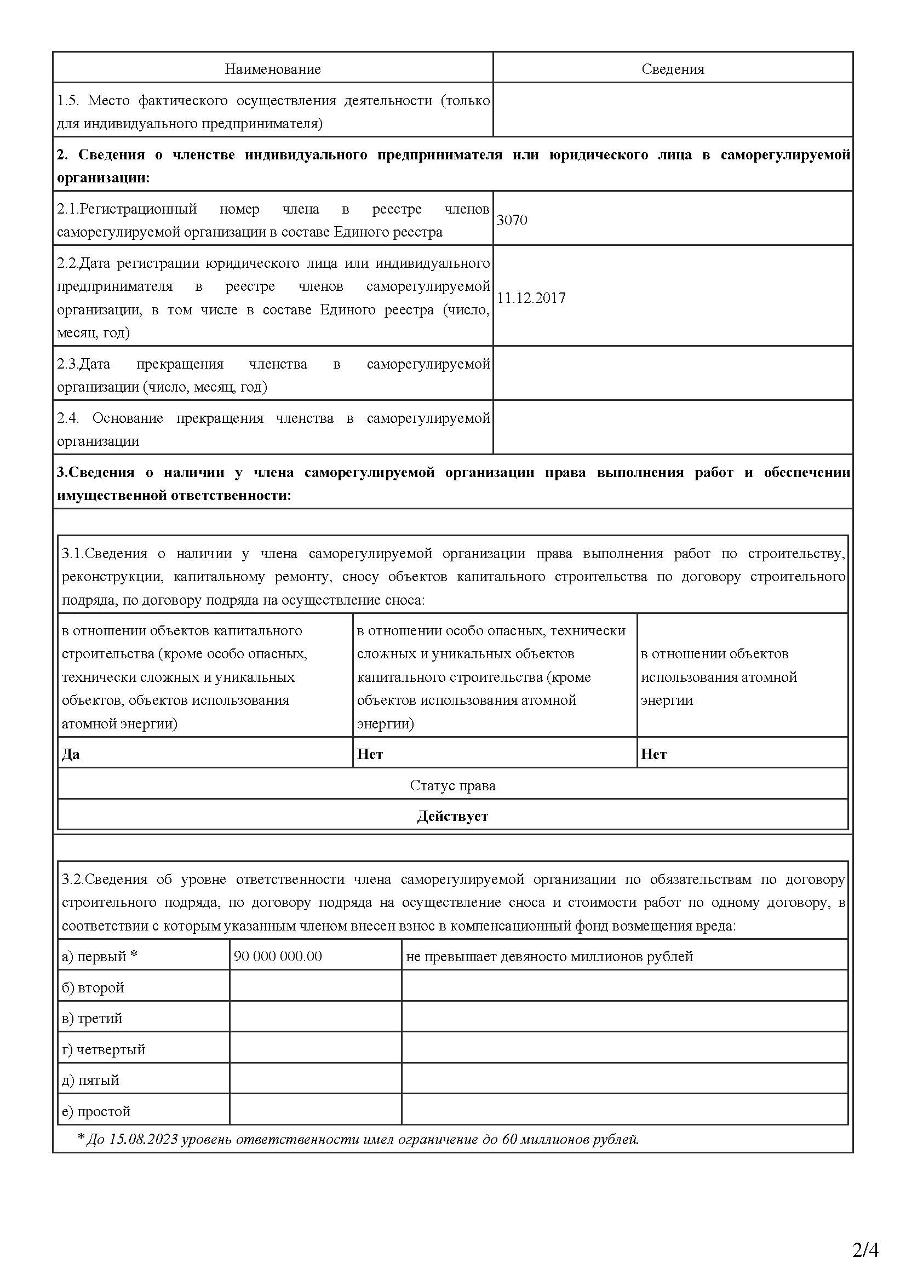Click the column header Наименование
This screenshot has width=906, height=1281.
pos(272,69)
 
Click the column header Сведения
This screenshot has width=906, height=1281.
pos(672,69)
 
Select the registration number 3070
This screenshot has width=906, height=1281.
pos(512,220)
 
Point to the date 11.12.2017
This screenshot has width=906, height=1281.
pos(531,298)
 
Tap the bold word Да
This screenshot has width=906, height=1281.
pos(71,754)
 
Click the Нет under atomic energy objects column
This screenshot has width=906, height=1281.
pos(653,754)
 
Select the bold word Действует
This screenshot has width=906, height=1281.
pos(452,816)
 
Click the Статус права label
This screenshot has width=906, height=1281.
pos(452,785)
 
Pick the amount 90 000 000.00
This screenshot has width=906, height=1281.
pos(278,956)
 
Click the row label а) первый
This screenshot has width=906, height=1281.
pos(99,956)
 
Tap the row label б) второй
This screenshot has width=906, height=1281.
pos(93,987)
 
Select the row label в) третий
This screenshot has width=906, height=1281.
pos(91,1018)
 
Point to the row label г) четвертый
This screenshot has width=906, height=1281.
pos(103,1049)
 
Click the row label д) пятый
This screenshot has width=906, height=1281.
pos(90,1080)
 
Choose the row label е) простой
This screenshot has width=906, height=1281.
pos(96,1111)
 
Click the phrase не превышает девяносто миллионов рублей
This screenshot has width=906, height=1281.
pos(549,956)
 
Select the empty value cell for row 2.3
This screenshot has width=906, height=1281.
pos(672,373)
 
